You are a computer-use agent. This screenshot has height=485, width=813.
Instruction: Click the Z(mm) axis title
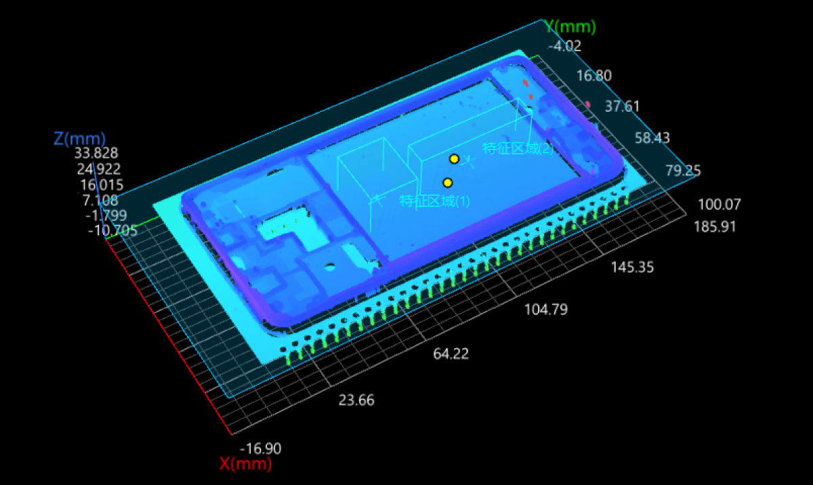79,139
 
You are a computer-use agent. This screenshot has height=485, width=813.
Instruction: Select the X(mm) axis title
246,464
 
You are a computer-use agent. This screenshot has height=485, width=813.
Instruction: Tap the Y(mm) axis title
570,27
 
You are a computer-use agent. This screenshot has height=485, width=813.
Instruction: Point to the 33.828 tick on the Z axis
96,153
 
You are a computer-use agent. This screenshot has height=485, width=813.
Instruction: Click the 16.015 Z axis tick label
102,185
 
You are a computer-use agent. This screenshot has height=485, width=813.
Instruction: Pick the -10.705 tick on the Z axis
113,230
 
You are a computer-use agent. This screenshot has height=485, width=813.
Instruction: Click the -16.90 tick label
261,448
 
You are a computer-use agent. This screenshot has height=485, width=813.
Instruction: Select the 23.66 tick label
356,400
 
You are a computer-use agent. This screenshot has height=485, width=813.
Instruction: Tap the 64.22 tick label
451,354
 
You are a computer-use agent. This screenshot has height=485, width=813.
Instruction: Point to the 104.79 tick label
546,310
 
